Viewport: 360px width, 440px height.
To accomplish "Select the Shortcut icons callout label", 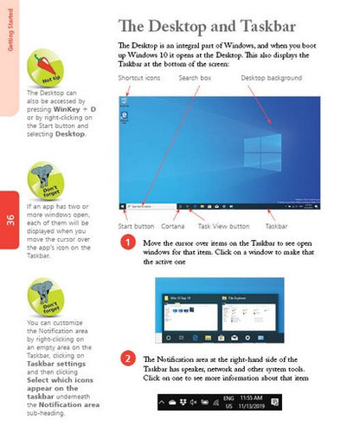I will (139, 78).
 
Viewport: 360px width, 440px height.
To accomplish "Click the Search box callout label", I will (195, 78).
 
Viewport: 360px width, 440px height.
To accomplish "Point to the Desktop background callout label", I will (276, 78).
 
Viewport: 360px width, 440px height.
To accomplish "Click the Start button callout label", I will (136, 226).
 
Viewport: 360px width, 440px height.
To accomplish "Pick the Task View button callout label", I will (224, 226).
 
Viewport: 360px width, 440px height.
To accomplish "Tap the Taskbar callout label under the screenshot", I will (277, 226).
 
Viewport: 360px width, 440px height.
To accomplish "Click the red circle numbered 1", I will (126, 243).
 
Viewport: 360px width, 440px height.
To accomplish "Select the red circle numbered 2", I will (126, 359).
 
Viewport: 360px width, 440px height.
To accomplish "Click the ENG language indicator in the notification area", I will (228, 398).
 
